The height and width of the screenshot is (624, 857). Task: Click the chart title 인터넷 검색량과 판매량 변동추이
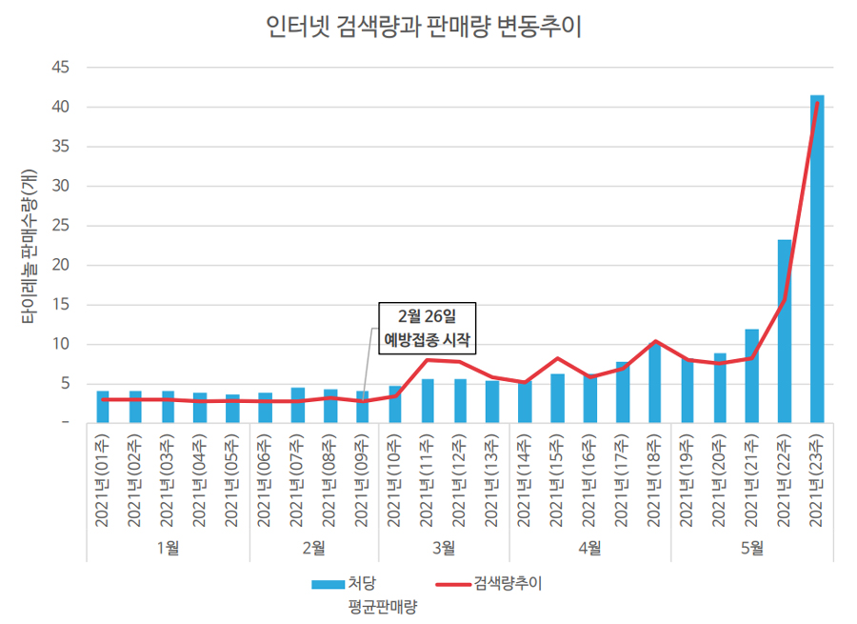tap(425, 26)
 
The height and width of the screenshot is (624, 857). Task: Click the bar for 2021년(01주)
tap(103, 407)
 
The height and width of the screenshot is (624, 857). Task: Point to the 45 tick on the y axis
tap(60, 68)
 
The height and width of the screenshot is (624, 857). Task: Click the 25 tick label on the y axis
tap(60, 226)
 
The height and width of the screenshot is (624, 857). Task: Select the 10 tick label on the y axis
tap(60, 345)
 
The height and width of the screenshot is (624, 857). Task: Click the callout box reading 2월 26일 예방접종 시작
tap(427, 329)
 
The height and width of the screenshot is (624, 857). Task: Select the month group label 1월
tap(168, 548)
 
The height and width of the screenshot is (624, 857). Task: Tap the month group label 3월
tap(444, 548)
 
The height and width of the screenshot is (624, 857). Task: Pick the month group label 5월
tap(751, 548)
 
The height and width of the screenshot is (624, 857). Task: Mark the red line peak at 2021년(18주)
tap(654, 342)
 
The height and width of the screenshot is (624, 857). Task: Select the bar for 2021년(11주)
tap(428, 401)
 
